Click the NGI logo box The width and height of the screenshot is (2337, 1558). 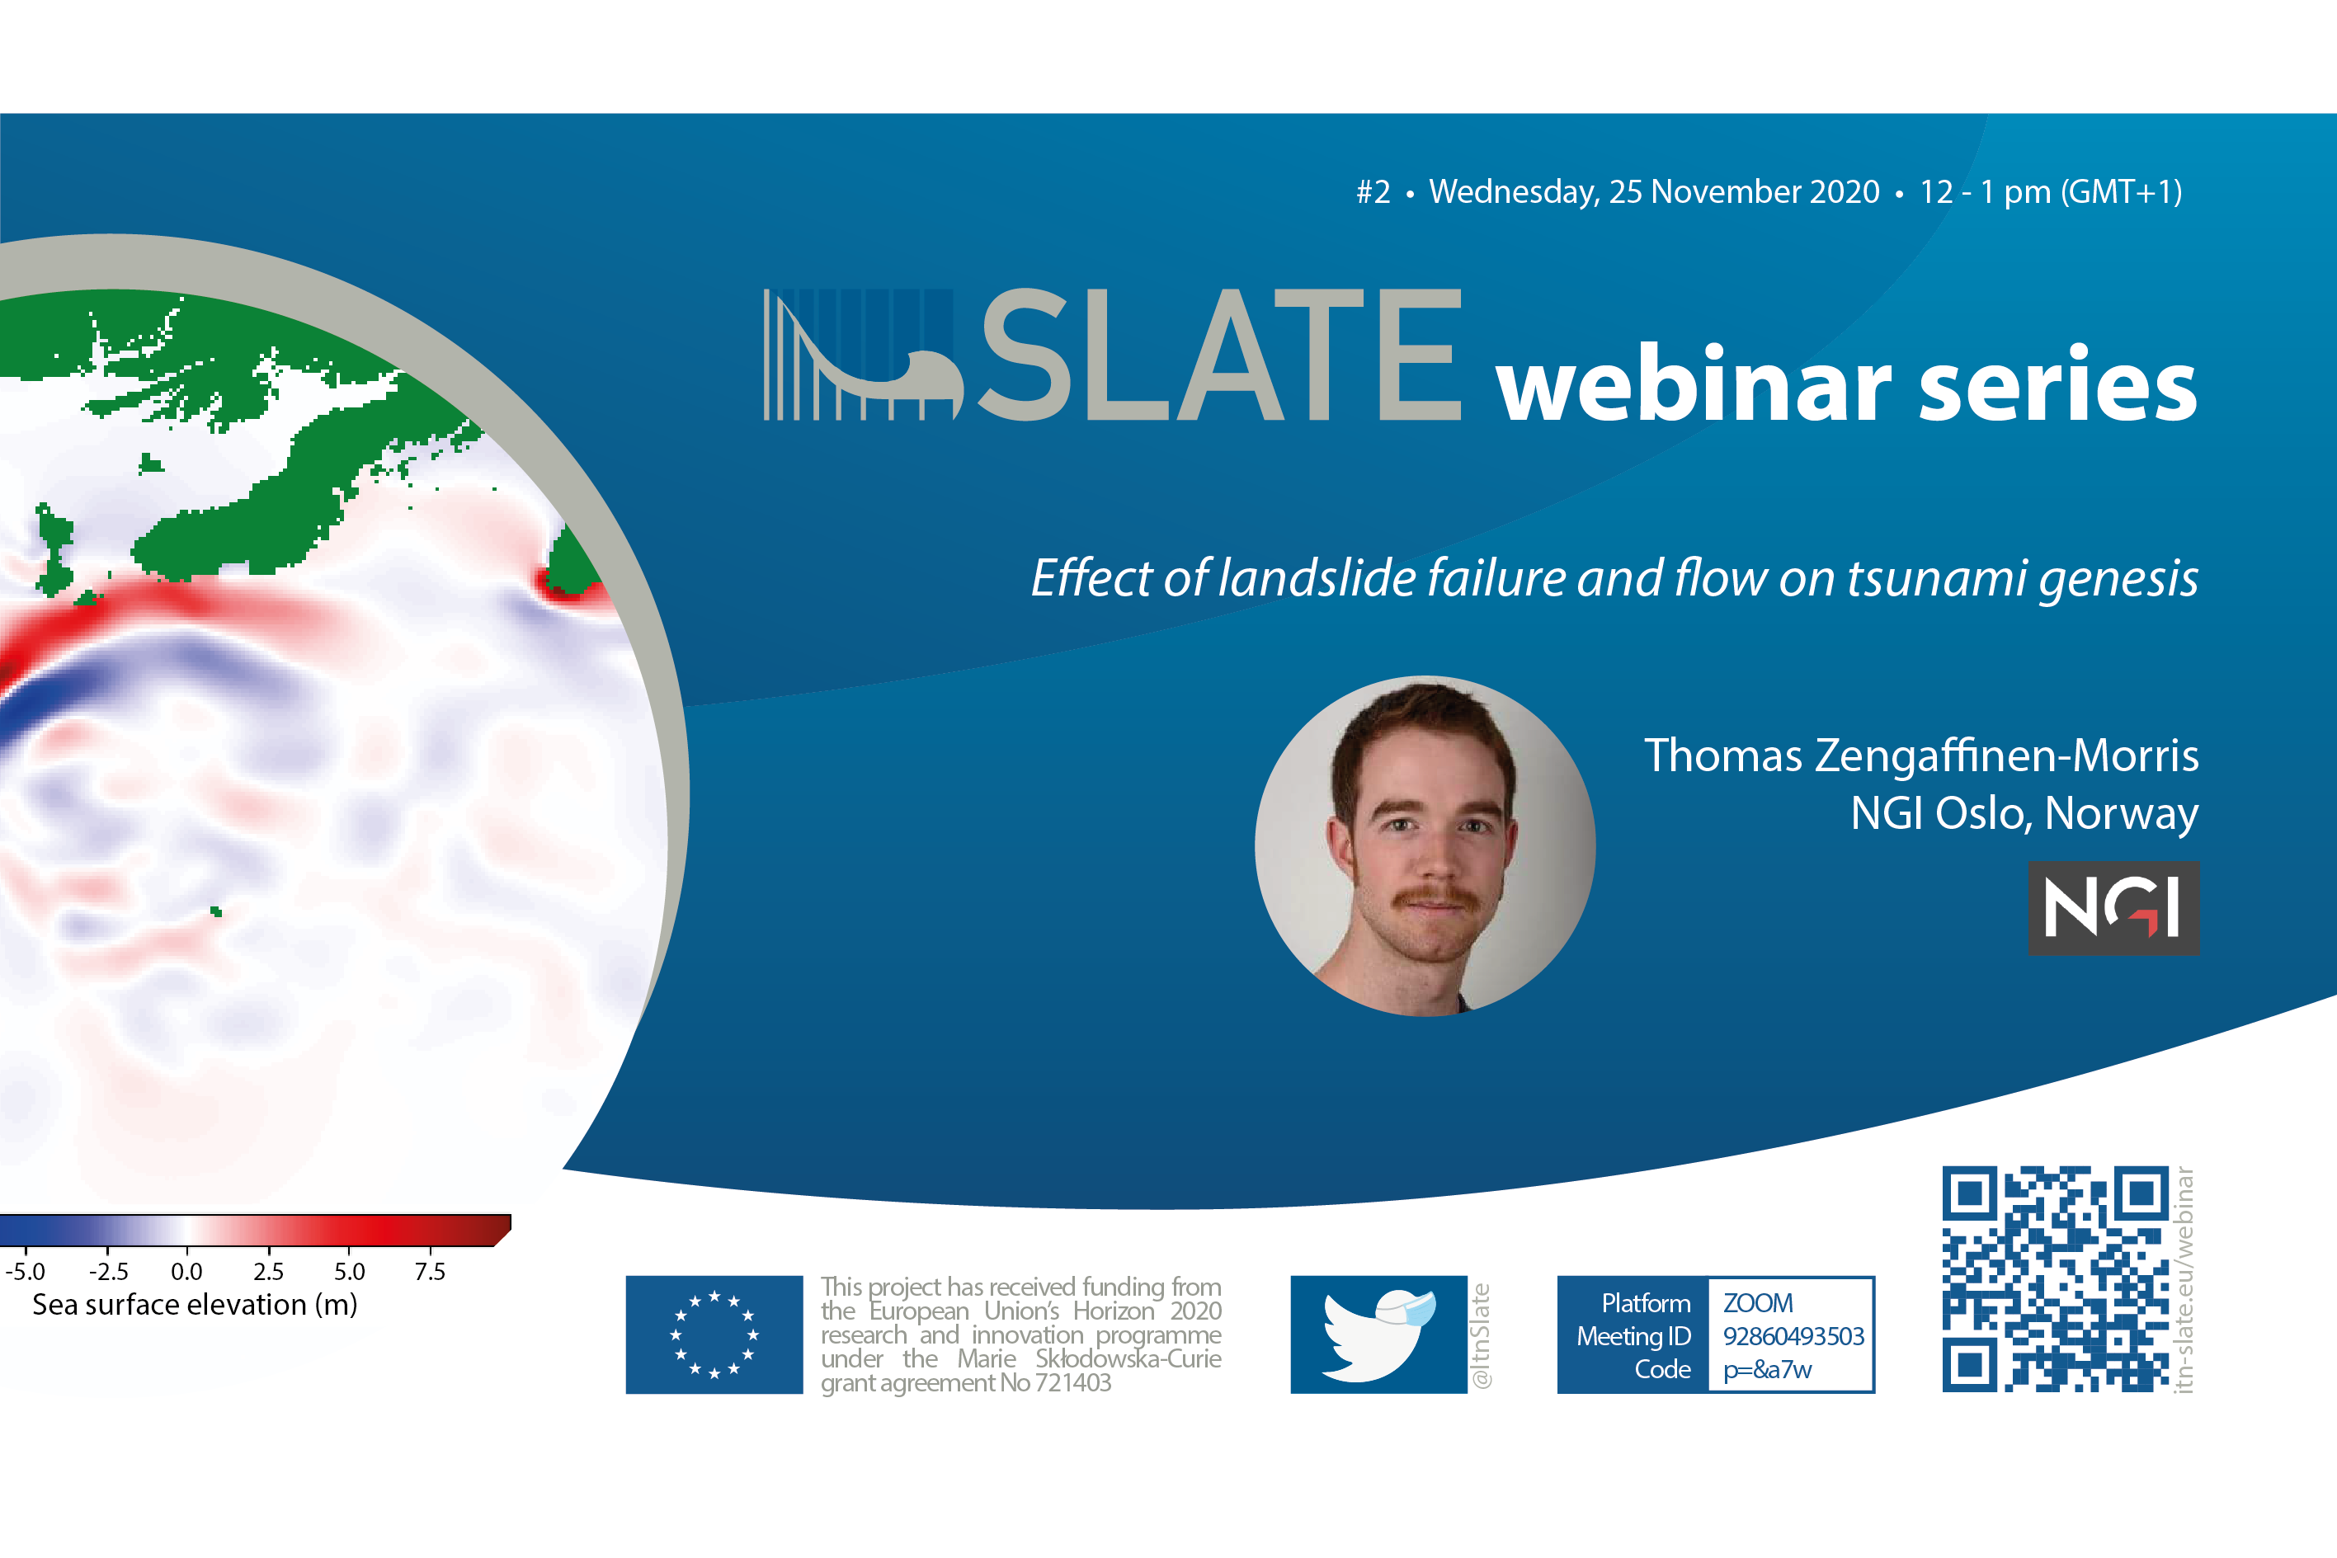(x=2113, y=907)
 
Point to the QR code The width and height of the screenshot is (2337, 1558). (x=2055, y=1278)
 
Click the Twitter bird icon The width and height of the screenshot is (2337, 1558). (x=1379, y=1334)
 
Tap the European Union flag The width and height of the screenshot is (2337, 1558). (x=714, y=1334)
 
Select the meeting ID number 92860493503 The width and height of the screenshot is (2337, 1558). (x=1793, y=1336)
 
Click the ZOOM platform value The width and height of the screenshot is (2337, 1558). (x=1758, y=1302)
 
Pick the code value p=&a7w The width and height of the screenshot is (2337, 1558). (x=1767, y=1370)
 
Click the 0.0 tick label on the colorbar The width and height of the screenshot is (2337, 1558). (x=186, y=1272)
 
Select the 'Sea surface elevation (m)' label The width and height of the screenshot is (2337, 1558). (x=195, y=1305)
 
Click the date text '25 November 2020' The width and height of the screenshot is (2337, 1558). (x=1744, y=191)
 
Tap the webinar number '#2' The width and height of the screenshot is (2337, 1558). (x=1373, y=191)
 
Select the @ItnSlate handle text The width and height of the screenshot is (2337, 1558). (x=1481, y=1335)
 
